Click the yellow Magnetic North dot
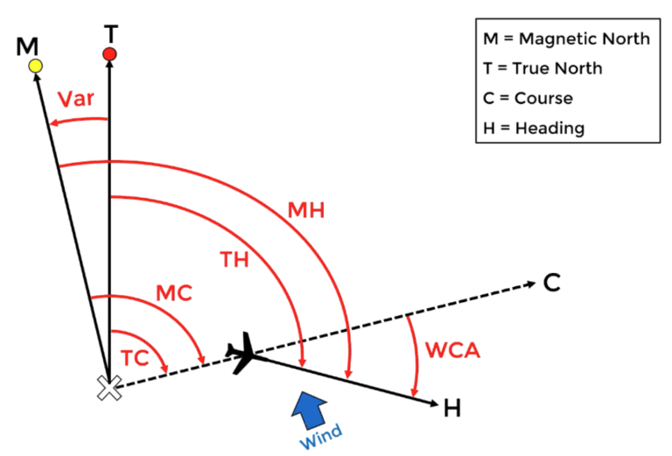click(35, 66)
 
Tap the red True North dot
click(109, 55)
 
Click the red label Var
click(76, 98)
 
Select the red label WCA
click(451, 348)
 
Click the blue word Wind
click(321, 435)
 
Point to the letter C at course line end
click(551, 284)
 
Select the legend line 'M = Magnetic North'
click(566, 39)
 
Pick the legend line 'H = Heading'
click(533, 128)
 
